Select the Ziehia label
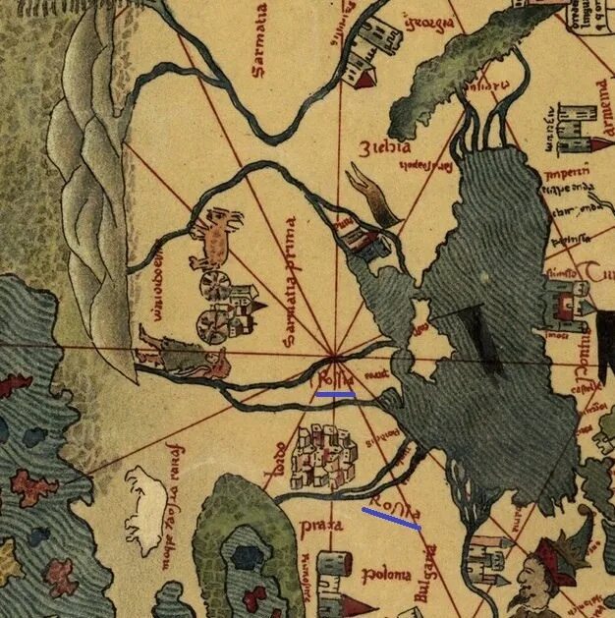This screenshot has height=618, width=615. (386, 149)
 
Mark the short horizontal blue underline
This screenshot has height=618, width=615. (335, 395)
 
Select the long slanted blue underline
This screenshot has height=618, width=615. (391, 519)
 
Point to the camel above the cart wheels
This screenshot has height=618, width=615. (218, 239)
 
